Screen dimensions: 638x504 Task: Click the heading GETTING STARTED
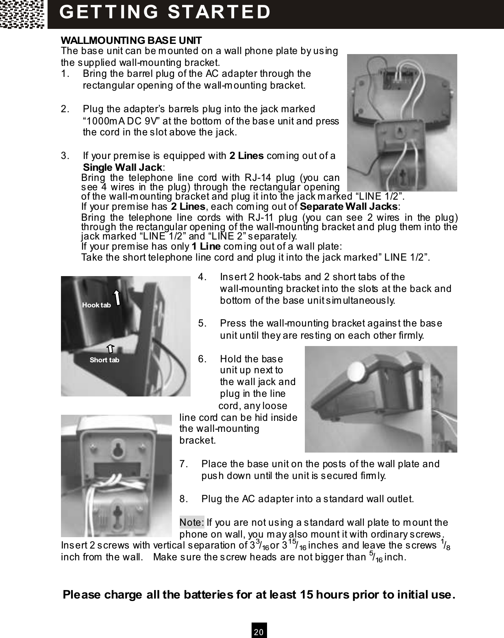click(165, 12)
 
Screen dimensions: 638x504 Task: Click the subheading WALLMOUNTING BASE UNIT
click(131, 41)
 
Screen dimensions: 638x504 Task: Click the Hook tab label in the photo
click(96, 305)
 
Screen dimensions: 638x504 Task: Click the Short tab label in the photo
click(104, 360)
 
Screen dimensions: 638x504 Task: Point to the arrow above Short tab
click(110, 348)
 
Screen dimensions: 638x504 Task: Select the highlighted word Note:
click(192, 522)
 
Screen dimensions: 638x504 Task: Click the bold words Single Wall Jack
click(123, 167)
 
